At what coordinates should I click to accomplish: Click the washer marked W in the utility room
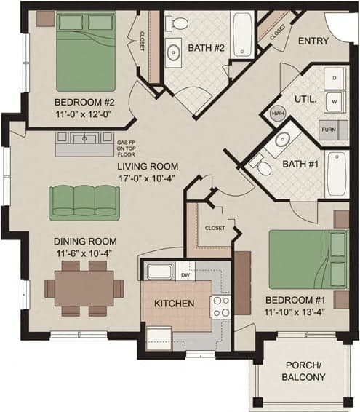click(335, 101)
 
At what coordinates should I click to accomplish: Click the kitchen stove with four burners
click(220, 306)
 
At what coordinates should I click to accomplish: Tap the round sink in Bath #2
click(175, 52)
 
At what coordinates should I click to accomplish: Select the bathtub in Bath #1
click(336, 173)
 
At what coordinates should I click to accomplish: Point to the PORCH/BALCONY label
click(303, 371)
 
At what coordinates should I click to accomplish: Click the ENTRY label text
click(313, 41)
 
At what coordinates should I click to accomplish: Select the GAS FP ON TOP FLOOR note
click(127, 148)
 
